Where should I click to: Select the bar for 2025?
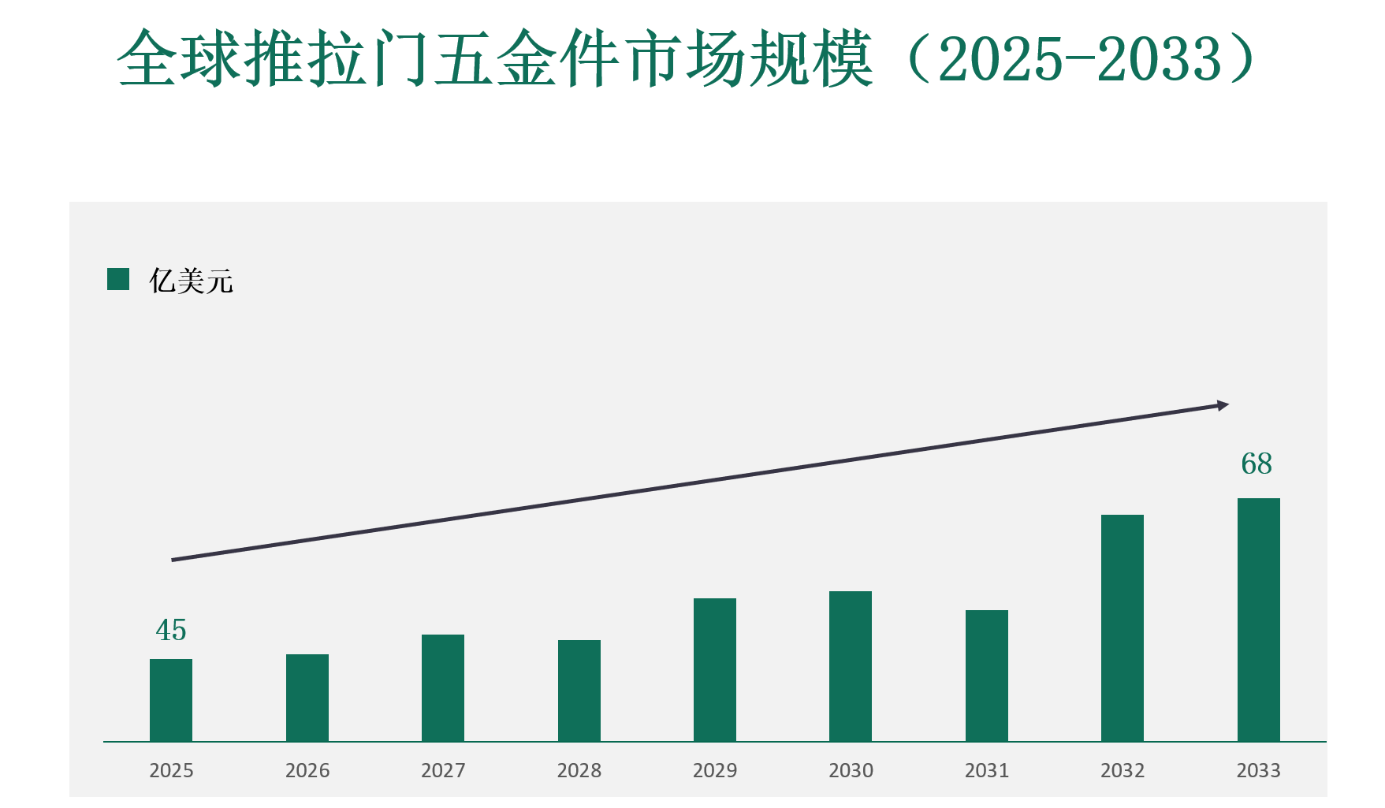171,700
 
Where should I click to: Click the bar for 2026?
307,698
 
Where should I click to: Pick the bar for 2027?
443,687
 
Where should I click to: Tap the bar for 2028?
579,691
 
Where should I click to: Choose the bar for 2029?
715,669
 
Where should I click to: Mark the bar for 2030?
851,666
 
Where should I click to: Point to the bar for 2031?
987,676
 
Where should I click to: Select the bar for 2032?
1123,627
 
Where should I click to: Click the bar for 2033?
1259,620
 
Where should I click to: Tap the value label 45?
171,630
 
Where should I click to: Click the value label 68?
1257,464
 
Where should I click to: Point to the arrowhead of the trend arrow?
1223,406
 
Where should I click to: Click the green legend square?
118,279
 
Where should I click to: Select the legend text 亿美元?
192,281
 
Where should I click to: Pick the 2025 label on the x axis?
171,770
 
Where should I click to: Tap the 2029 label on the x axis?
715,770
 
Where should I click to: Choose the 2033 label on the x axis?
1259,770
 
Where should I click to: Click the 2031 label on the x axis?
987,770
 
